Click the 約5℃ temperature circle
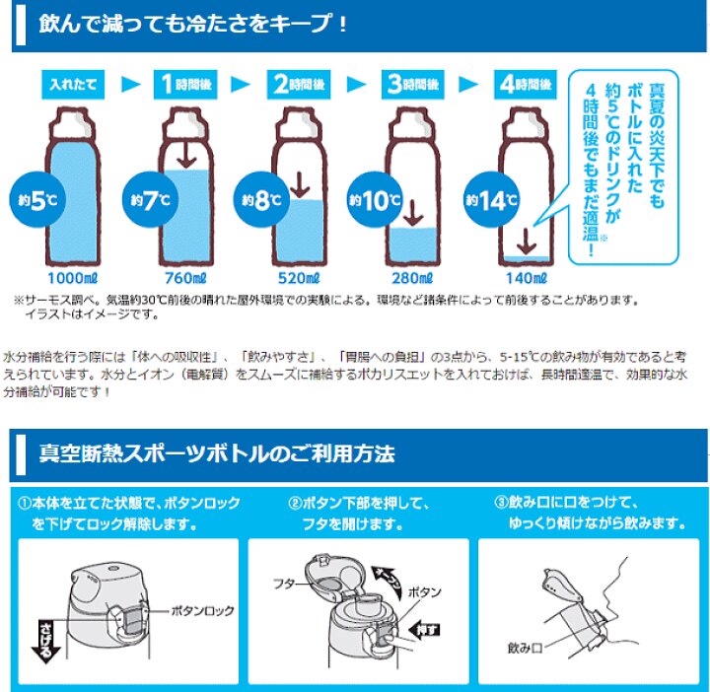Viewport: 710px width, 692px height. click(x=30, y=203)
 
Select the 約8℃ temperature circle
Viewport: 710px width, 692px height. click(x=258, y=203)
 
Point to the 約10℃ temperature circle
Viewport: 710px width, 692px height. click(x=371, y=203)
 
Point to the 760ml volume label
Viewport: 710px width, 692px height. click(x=185, y=278)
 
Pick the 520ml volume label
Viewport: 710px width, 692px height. click(x=300, y=278)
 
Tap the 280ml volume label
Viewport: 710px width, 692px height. click(x=413, y=278)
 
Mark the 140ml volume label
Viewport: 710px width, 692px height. click(x=527, y=278)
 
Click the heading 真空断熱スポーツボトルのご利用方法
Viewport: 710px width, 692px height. click(x=217, y=454)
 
